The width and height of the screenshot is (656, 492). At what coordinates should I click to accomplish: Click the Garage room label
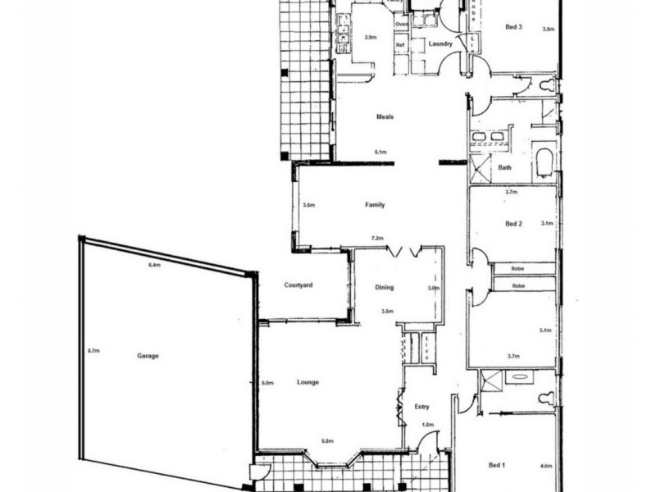(x=148, y=356)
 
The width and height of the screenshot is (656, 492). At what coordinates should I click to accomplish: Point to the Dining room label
(x=385, y=288)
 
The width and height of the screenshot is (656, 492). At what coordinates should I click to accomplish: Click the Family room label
(x=375, y=205)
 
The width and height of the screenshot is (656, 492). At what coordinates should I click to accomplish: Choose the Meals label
(x=385, y=116)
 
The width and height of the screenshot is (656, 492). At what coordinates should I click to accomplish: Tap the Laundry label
(x=441, y=43)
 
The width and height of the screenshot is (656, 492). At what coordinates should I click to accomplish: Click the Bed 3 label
(x=514, y=27)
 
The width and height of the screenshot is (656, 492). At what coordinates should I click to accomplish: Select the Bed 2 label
(x=513, y=223)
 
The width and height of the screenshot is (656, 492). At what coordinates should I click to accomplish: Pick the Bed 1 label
(x=497, y=466)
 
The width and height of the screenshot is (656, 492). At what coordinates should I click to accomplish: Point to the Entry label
(x=421, y=406)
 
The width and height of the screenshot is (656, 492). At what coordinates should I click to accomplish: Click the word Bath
(x=505, y=168)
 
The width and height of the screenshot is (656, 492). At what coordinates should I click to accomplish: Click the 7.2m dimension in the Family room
(x=377, y=239)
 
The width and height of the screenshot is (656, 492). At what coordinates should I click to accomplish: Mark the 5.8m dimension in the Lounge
(x=328, y=442)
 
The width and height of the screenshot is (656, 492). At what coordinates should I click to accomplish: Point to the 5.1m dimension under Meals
(x=380, y=153)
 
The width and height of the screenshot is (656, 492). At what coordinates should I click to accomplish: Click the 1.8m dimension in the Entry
(x=426, y=424)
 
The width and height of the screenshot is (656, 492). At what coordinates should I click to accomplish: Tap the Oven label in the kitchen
(x=401, y=24)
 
